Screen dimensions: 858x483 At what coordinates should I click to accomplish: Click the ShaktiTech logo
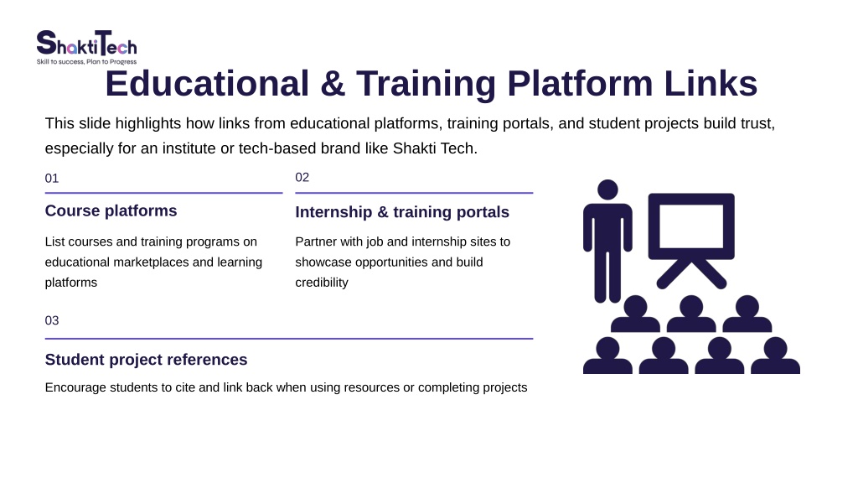(x=86, y=47)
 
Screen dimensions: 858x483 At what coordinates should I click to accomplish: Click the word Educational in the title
(x=208, y=84)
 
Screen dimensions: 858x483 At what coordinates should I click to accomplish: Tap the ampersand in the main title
(x=333, y=84)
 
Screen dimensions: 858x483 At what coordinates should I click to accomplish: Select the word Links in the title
(x=711, y=84)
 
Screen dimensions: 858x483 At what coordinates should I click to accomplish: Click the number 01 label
(x=51, y=179)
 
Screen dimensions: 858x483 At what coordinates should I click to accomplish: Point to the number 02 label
(x=302, y=178)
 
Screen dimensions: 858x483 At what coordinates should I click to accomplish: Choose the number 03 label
(x=51, y=320)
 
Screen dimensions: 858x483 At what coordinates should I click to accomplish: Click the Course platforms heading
(x=111, y=210)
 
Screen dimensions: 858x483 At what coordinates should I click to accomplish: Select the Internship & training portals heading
(x=402, y=212)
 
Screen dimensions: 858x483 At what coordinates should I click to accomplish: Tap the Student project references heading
(x=146, y=360)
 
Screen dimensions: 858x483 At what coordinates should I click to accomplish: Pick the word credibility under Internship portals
(x=322, y=283)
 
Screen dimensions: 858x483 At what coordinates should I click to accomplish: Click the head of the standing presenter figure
(x=607, y=190)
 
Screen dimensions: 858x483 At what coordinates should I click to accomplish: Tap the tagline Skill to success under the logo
(x=60, y=62)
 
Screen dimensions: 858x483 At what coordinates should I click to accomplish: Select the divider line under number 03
(x=289, y=339)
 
